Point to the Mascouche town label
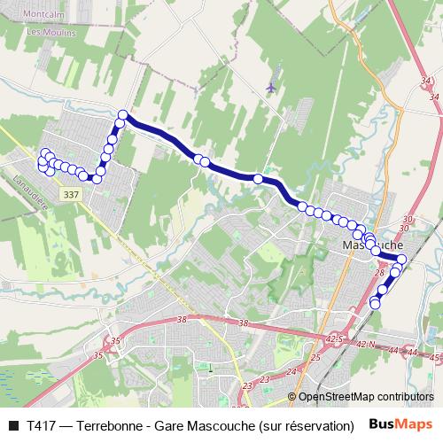coord(372,244)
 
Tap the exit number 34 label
coord(430,82)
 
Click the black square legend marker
coord(12,425)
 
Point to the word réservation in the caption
coord(316,425)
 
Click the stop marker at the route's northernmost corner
coord(123,114)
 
